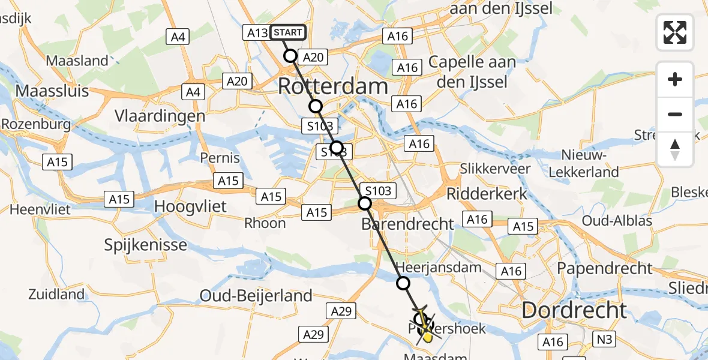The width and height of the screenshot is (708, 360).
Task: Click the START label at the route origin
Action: tap(288, 32)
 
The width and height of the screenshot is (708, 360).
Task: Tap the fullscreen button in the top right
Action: tap(675, 32)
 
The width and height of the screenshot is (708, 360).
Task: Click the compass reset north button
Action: tap(675, 149)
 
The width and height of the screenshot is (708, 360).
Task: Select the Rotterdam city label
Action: tap(333, 86)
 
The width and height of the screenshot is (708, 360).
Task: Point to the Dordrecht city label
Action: tap(574, 310)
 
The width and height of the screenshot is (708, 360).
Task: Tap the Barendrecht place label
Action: tap(408, 224)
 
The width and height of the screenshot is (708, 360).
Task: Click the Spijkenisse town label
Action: tap(146, 245)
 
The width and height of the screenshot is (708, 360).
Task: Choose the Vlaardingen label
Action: tap(161, 116)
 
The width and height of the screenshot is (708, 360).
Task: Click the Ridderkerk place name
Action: tap(487, 193)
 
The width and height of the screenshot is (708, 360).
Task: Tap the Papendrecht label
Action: tap(605, 268)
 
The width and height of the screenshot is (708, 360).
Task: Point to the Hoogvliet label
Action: tap(191, 206)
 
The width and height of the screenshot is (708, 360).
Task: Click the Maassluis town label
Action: tap(52, 91)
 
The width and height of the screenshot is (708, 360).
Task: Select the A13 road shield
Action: tap(256, 33)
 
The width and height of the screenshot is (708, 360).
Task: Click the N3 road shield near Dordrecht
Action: tap(605, 339)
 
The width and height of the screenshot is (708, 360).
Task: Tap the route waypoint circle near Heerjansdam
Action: tap(403, 283)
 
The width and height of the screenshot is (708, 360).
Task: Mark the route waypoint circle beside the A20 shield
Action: tap(290, 56)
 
